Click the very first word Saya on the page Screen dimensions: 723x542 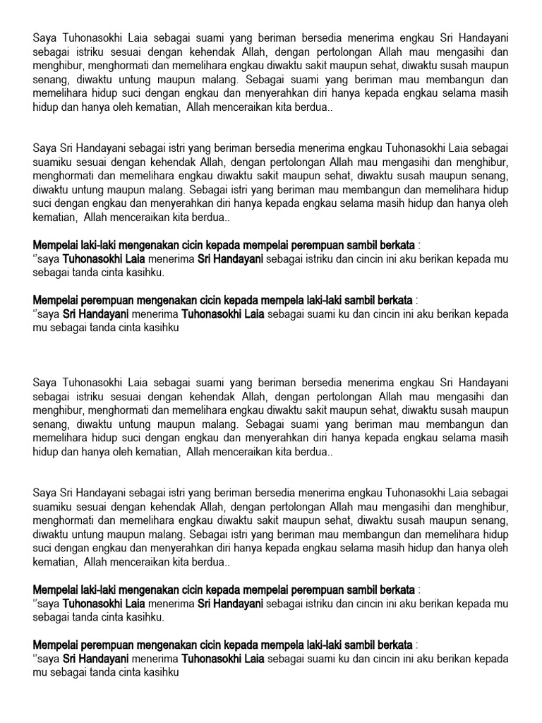(44, 37)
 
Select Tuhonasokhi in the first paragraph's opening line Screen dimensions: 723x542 (97, 37)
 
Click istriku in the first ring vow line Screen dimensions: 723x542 (325, 259)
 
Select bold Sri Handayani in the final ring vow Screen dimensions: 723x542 (95, 659)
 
